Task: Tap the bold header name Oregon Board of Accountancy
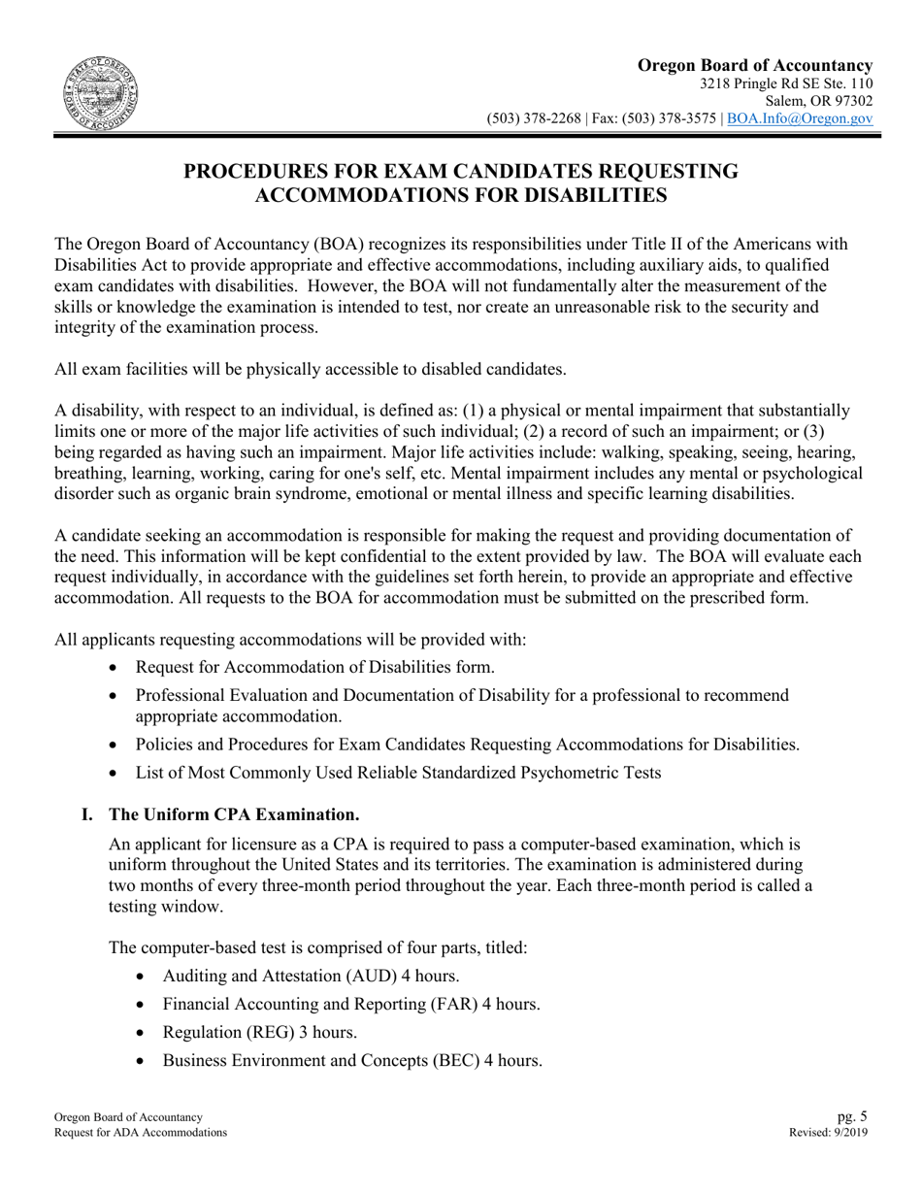coord(754,65)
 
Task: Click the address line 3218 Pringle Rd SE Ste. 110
coord(785,83)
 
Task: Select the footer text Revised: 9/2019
coord(831,1133)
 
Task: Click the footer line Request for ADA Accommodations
coord(141,1133)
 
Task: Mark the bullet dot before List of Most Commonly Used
coord(116,774)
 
